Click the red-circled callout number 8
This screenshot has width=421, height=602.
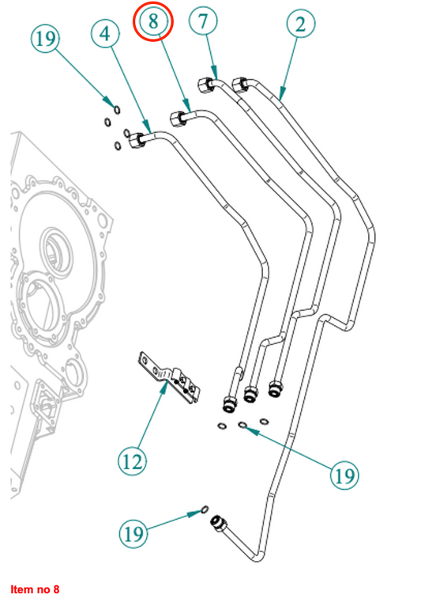pyautogui.click(x=153, y=21)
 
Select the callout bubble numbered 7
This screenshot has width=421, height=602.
pyautogui.click(x=203, y=21)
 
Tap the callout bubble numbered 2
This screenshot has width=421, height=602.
pyautogui.click(x=301, y=24)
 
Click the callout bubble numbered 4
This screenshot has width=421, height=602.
pyautogui.click(x=105, y=34)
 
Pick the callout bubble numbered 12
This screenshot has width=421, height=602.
pyautogui.click(x=132, y=461)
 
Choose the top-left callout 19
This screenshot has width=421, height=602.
pyautogui.click(x=46, y=39)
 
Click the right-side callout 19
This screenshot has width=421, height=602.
pyautogui.click(x=344, y=475)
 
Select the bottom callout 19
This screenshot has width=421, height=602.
pyautogui.click(x=133, y=533)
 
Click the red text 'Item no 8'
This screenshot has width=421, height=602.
pyautogui.click(x=35, y=589)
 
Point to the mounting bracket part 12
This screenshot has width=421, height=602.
pyautogui.click(x=169, y=378)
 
